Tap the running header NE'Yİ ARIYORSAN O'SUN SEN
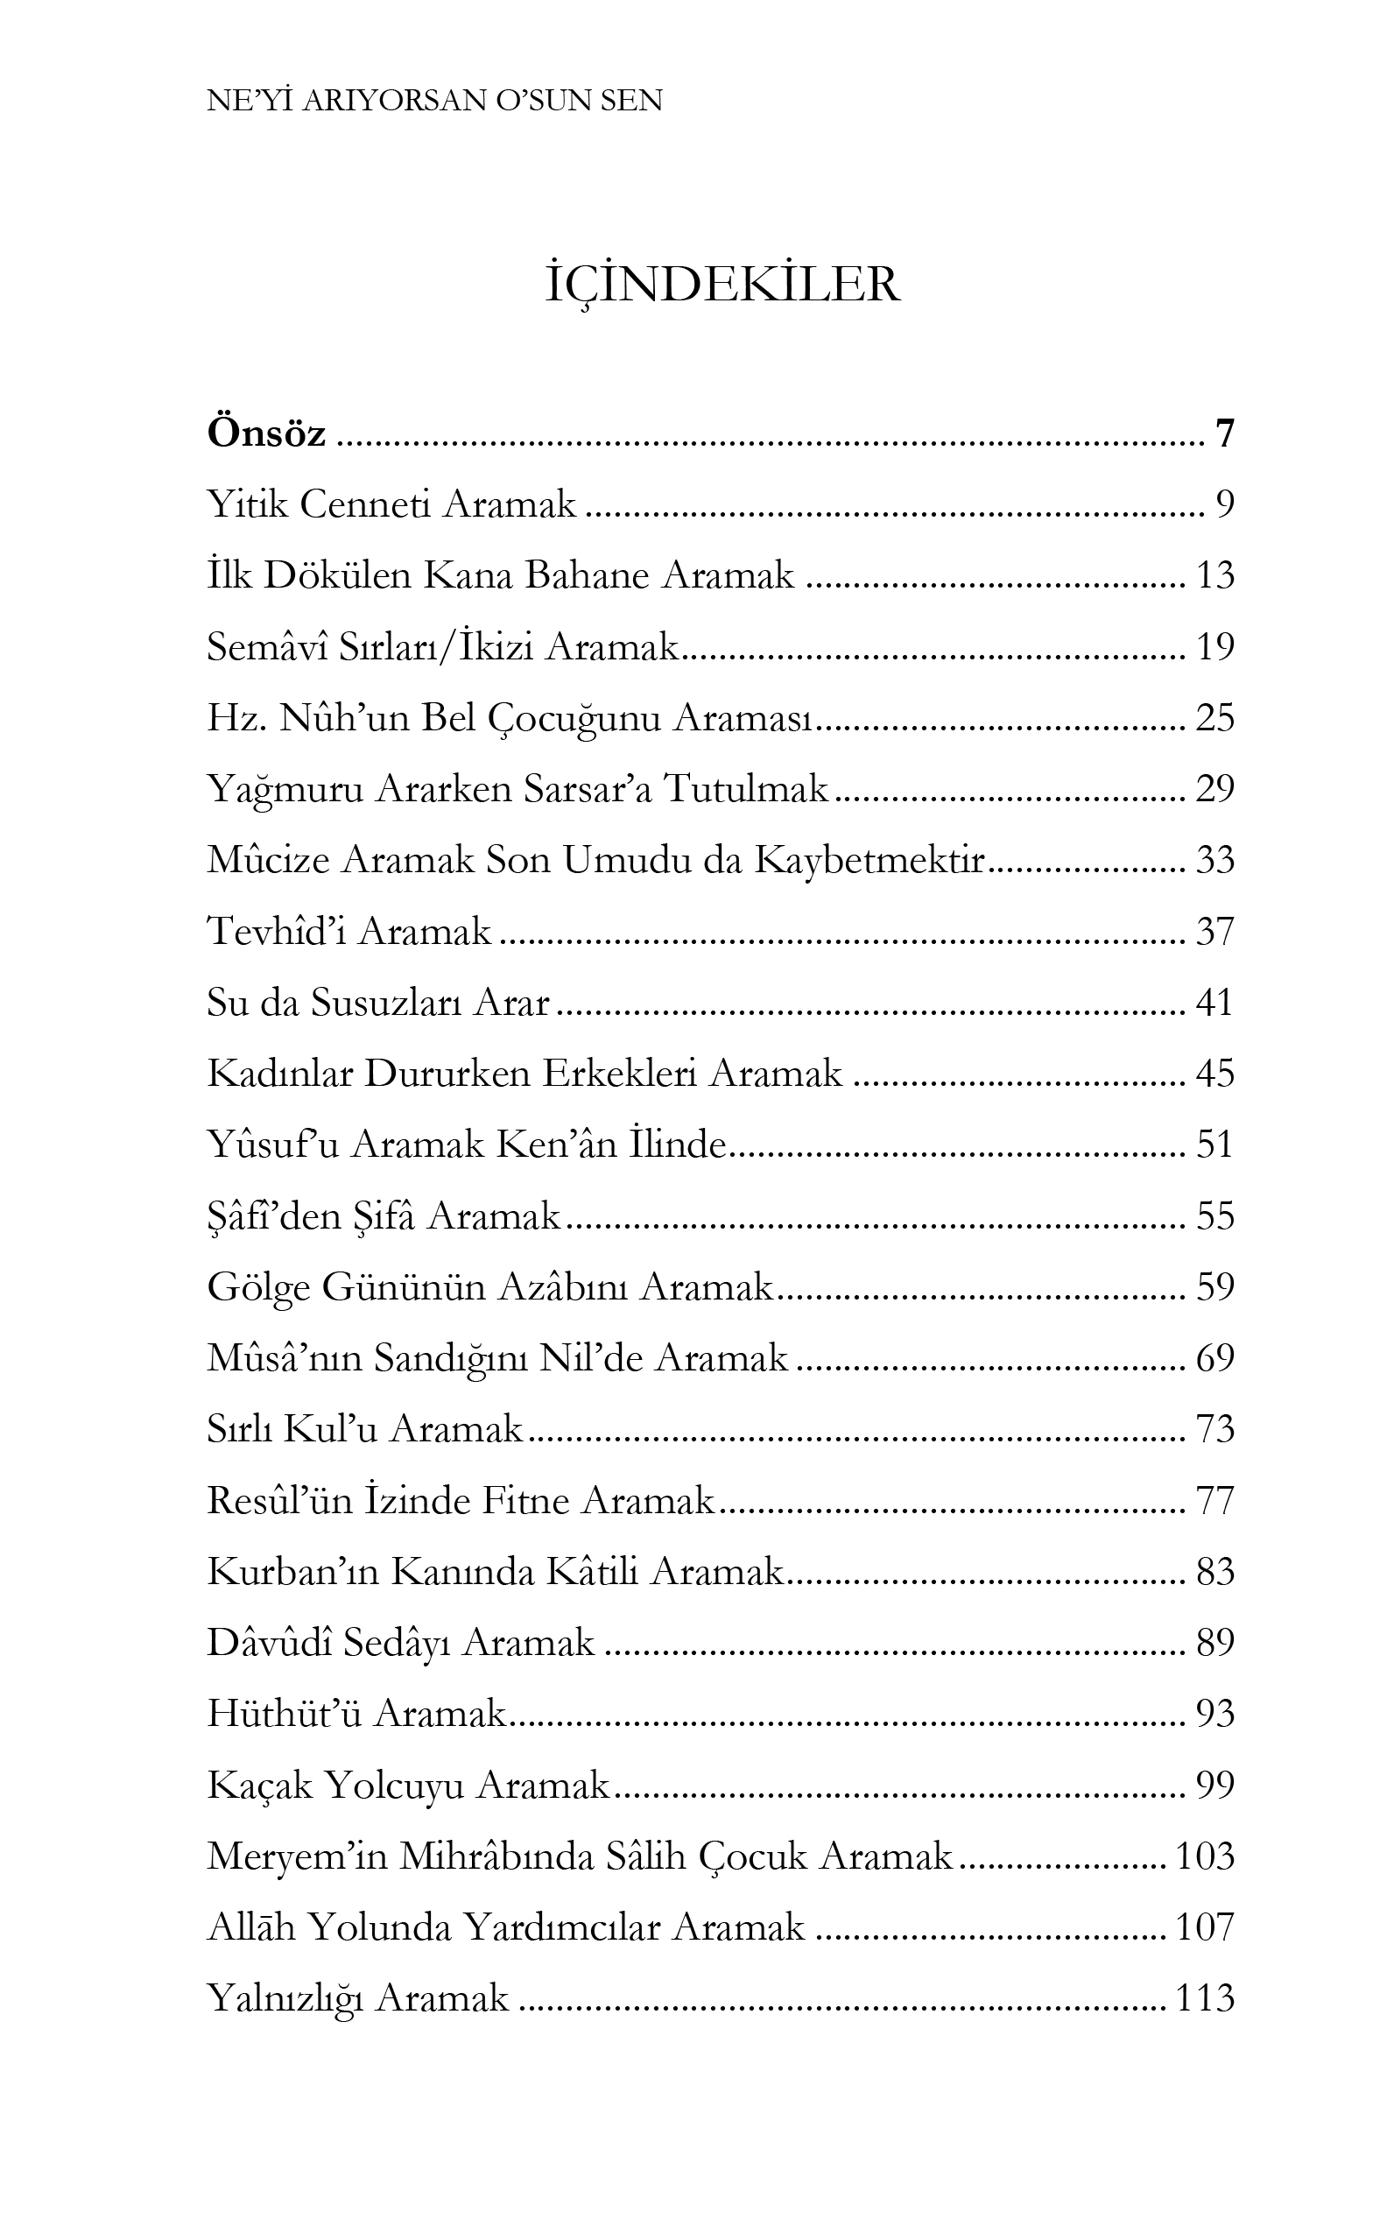click(x=434, y=101)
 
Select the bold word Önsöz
click(x=266, y=433)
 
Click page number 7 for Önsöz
click(x=1224, y=433)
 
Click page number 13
click(x=1214, y=575)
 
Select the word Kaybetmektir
click(x=870, y=860)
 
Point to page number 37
click(x=1214, y=931)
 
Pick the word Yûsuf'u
click(x=274, y=1145)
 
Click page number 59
click(x=1214, y=1287)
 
